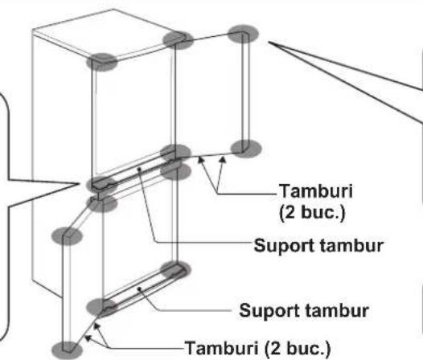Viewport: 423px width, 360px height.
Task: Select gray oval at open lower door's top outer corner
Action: click(67, 235)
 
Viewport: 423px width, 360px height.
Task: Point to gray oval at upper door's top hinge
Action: click(175, 40)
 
